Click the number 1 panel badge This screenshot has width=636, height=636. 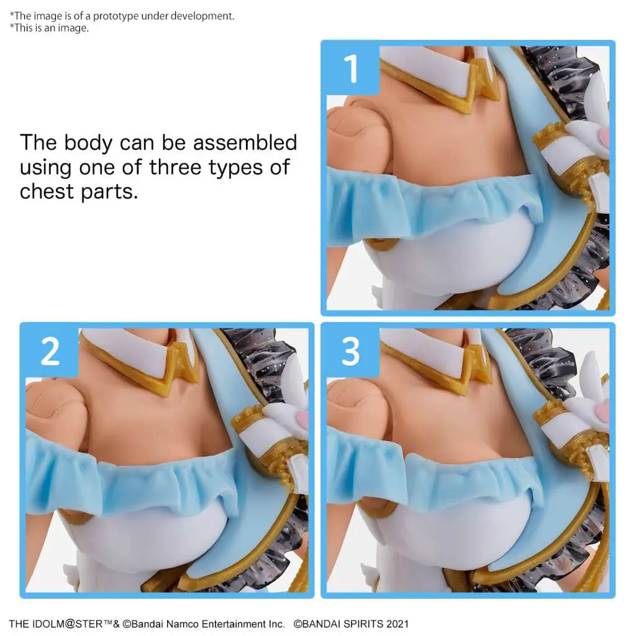coord(350,68)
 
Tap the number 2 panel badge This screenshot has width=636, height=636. coord(50,350)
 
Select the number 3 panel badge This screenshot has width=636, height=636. coord(350,350)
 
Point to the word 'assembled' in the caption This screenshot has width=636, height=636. coord(245,142)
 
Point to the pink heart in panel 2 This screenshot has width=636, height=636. coord(301,420)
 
